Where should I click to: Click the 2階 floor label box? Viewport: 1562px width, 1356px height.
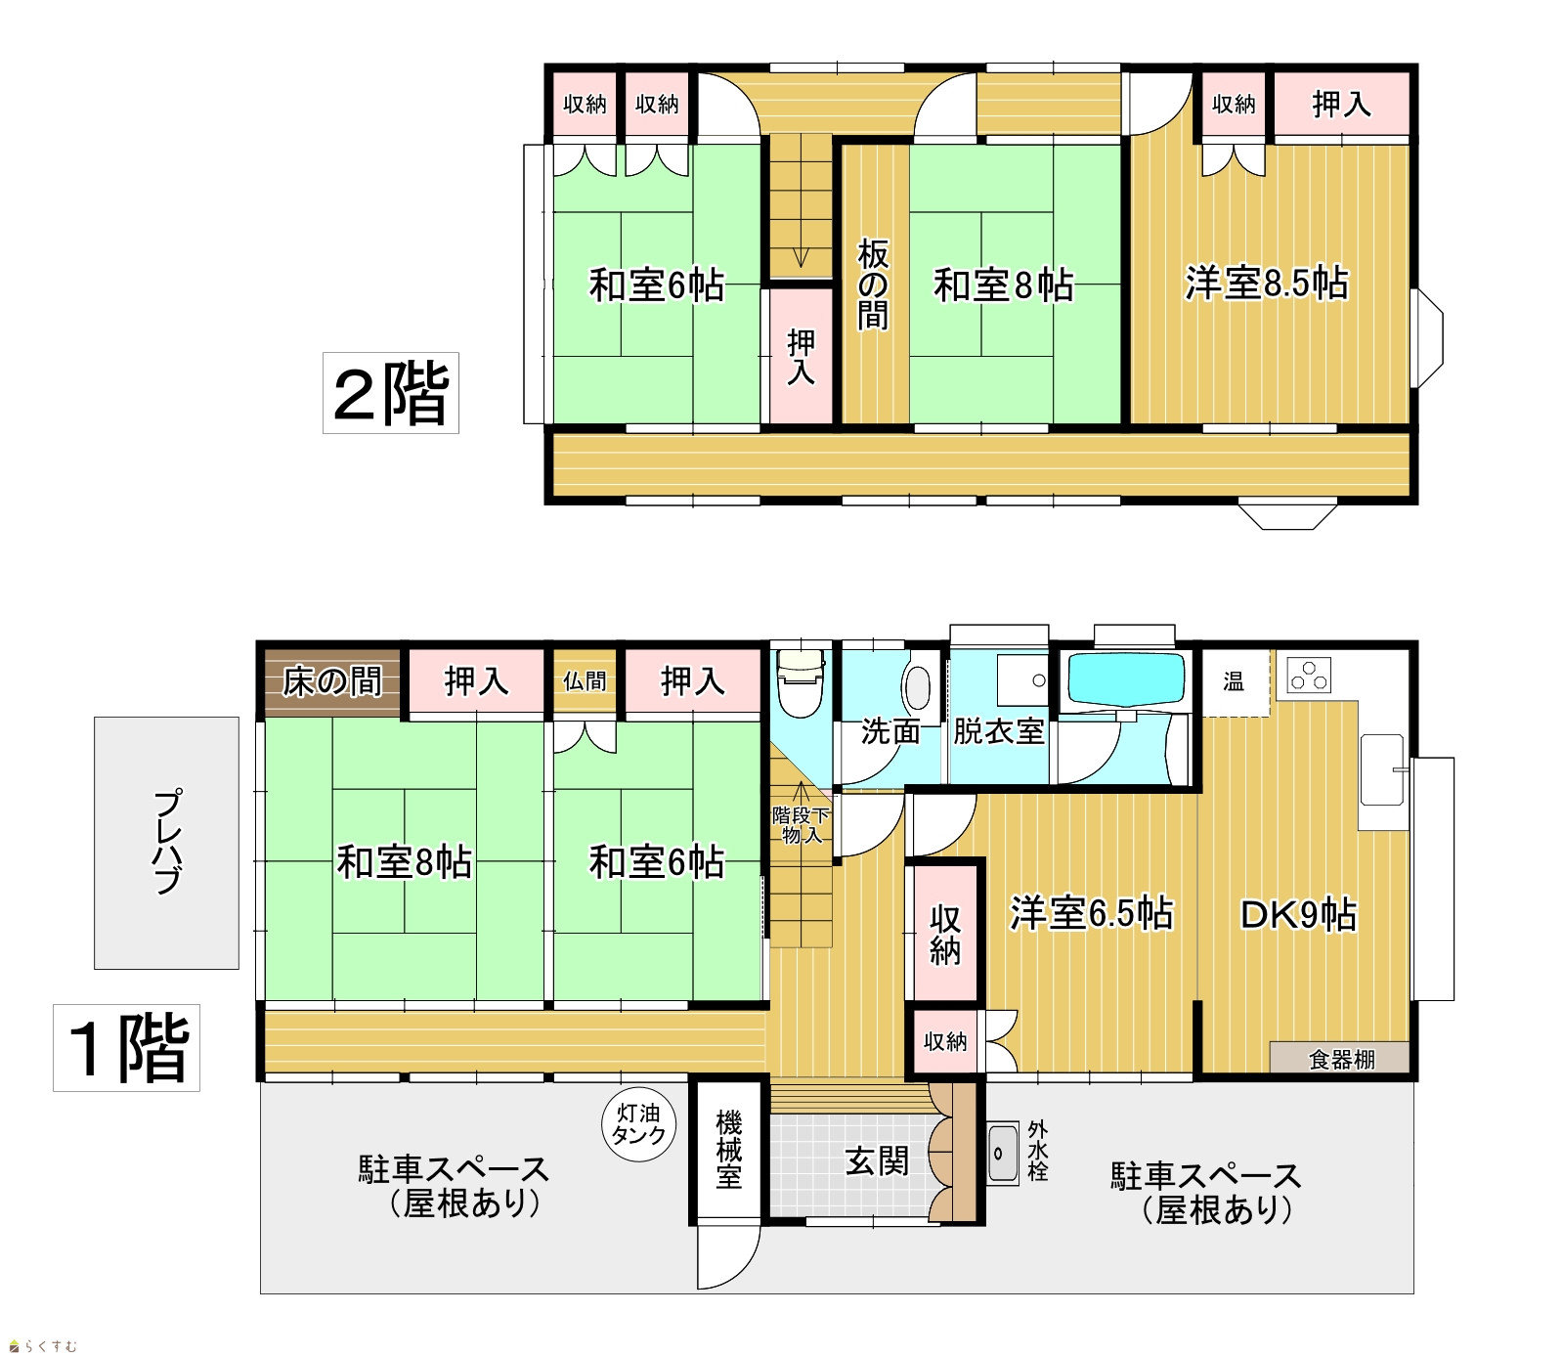coord(391,393)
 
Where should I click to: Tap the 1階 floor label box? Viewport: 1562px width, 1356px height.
coord(127,1047)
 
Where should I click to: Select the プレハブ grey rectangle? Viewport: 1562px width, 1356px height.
coord(167,843)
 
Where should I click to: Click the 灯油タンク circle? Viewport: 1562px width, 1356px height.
coord(638,1124)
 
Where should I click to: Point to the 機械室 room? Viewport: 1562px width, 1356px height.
coord(728,1150)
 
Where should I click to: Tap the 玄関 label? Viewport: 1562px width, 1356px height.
coord(877,1161)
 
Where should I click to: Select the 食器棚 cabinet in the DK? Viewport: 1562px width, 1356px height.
coord(1339,1058)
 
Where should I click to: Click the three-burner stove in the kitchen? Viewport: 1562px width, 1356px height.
coord(1309,676)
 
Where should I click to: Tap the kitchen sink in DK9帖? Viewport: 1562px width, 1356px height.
coord(1382,770)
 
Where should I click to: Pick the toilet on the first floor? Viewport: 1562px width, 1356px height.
coord(801,681)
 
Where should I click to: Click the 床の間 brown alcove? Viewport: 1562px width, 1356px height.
coord(332,682)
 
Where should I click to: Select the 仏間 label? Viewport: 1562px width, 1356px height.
coord(585,681)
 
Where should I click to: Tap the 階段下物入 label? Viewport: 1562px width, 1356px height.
coord(801,825)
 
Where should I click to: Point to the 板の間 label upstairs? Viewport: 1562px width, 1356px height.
coord(873,284)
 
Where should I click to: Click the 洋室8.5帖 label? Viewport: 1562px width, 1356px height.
coord(1267,284)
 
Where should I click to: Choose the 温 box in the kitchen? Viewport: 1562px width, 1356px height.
coord(1235,682)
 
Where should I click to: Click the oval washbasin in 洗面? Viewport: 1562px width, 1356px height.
coord(918,687)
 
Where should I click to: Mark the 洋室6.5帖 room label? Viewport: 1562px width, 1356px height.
coord(1091,913)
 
